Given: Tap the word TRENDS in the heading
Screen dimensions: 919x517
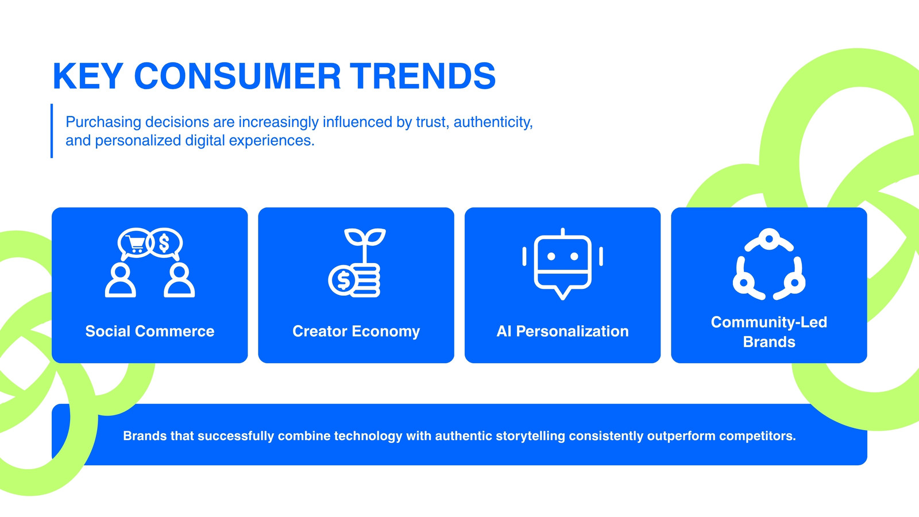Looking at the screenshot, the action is [423, 76].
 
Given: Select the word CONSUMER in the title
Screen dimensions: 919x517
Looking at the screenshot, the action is [237, 76].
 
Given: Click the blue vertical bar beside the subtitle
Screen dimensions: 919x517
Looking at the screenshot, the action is [52, 130].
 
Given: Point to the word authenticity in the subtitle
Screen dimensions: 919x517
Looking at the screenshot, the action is [493, 122].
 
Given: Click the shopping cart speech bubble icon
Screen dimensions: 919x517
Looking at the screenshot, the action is [134, 244].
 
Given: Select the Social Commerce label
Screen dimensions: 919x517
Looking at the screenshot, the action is [150, 331].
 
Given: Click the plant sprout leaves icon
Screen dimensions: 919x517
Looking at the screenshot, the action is [365, 237].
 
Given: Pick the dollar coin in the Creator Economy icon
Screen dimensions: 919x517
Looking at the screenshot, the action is [342, 281].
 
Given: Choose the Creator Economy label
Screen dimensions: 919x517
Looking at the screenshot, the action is [356, 331].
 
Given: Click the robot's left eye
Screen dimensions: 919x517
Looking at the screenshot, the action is [551, 256].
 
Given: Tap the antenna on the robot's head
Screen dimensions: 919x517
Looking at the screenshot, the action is [563, 232].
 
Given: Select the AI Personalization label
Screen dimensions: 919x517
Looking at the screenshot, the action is [562, 331].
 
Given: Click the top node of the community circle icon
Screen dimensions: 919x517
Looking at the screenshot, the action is [769, 239].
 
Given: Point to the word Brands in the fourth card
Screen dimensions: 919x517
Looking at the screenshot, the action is [769, 342].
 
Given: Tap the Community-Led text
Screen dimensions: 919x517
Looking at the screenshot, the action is [769, 322].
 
